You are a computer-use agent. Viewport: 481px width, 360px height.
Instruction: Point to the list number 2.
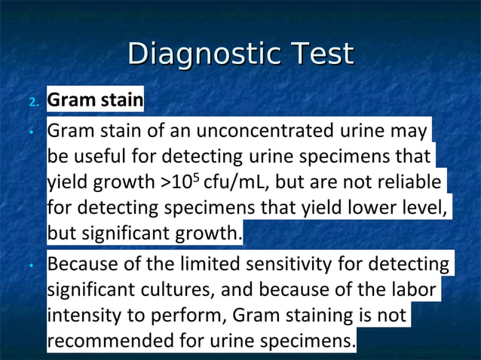click(x=32, y=102)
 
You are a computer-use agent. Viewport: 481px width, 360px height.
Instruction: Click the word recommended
click(x=110, y=340)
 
